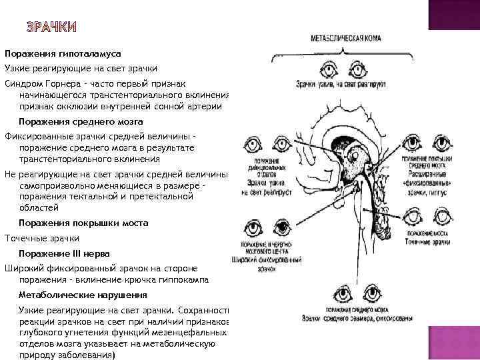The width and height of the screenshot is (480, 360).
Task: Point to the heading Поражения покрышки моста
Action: tap(83, 223)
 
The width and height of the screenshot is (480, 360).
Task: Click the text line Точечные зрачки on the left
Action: tap(41, 238)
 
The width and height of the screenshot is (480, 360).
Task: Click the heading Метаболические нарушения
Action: tap(83, 294)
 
